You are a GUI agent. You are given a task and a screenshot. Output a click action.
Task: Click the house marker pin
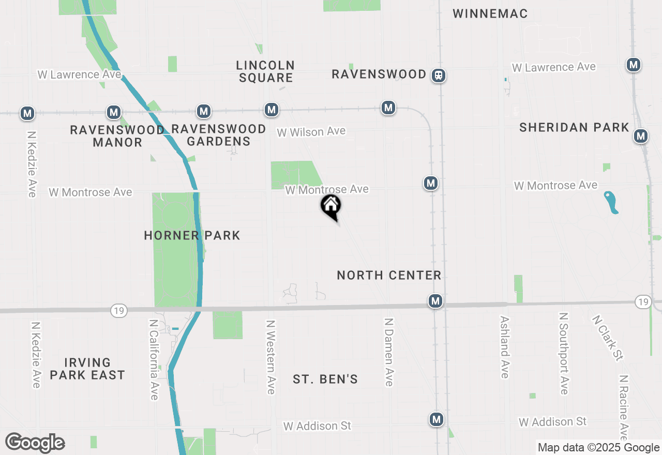point(331,207)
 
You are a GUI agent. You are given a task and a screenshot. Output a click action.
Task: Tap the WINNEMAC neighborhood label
point(490,14)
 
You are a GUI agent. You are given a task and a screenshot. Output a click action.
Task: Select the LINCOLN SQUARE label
point(265,72)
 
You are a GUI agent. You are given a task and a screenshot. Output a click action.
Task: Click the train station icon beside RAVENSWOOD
point(439,75)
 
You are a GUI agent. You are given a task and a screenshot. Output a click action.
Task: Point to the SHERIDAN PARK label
point(574,128)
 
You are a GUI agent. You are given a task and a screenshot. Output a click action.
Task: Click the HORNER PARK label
point(192,236)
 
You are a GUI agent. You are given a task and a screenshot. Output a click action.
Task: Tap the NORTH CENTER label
point(389,276)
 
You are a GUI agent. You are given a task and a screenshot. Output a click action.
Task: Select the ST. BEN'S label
point(325,380)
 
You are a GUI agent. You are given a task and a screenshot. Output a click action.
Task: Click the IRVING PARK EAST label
point(87,369)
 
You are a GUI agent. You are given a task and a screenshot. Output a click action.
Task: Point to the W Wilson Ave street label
point(311,132)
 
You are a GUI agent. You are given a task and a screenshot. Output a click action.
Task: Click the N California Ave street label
point(154,359)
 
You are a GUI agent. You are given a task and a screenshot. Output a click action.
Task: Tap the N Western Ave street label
point(270,357)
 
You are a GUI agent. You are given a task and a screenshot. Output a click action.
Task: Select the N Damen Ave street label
point(389,352)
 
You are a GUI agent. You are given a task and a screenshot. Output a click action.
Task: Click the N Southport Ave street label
point(564,353)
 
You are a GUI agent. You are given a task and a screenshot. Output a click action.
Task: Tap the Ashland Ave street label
point(505,347)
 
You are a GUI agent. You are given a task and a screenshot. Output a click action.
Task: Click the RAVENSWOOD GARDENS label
point(218,135)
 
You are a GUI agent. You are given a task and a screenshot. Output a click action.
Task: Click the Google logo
point(35,443)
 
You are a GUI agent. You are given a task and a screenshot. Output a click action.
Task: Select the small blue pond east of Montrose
point(611,202)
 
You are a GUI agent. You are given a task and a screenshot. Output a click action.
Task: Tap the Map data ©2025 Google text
point(598,448)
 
